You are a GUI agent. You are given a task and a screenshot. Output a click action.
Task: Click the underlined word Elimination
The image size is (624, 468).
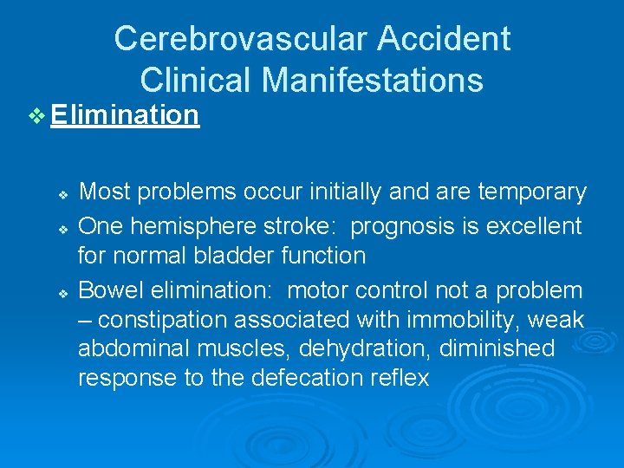(125, 114)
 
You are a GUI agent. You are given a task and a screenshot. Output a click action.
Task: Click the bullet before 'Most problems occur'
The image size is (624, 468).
(63, 192)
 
